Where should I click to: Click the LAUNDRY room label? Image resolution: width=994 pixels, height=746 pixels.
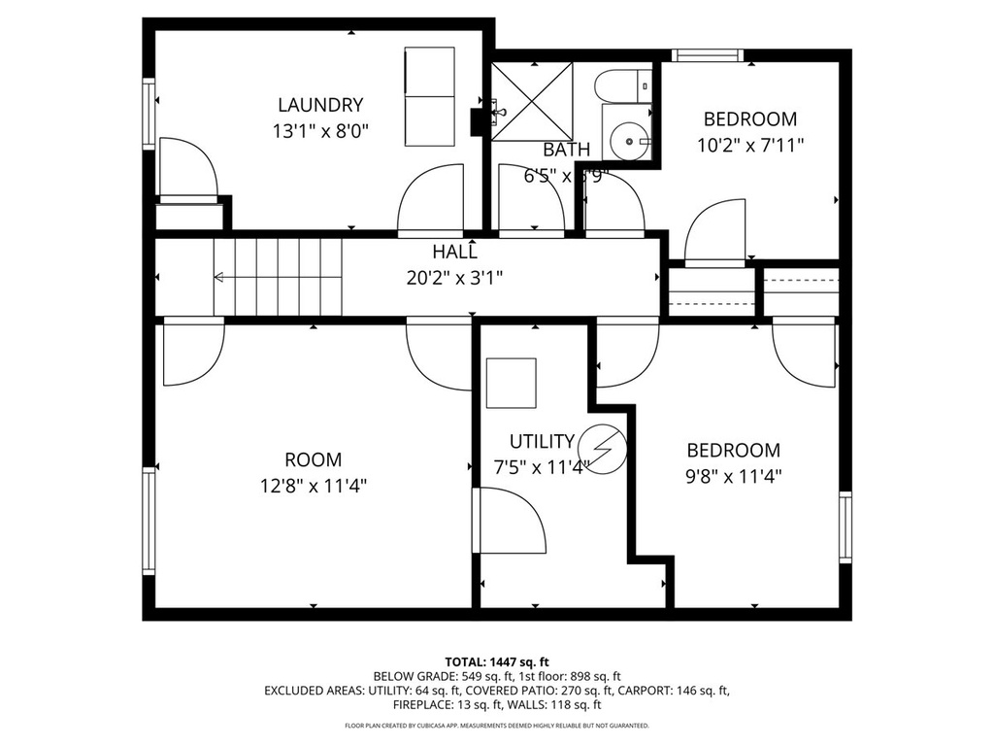(320, 105)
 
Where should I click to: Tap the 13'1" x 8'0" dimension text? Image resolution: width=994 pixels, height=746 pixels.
(320, 129)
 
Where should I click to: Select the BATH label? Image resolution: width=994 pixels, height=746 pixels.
(566, 150)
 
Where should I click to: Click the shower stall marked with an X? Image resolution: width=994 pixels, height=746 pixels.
(531, 100)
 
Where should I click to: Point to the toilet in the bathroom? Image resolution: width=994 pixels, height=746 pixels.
(621, 85)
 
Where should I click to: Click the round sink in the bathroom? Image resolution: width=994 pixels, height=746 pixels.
(630, 142)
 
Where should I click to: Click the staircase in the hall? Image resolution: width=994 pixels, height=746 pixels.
(280, 278)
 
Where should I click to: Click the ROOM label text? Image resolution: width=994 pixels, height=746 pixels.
(313, 459)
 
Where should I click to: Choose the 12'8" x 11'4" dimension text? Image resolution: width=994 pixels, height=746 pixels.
(313, 485)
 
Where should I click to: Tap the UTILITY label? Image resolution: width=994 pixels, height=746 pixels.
(542, 441)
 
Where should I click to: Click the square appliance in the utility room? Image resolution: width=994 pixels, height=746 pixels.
(511, 383)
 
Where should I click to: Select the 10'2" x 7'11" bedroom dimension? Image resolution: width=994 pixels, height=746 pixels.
(750, 145)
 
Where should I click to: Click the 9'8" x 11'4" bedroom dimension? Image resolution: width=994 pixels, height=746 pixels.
(734, 476)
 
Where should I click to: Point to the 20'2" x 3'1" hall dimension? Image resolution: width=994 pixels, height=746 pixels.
(454, 277)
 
